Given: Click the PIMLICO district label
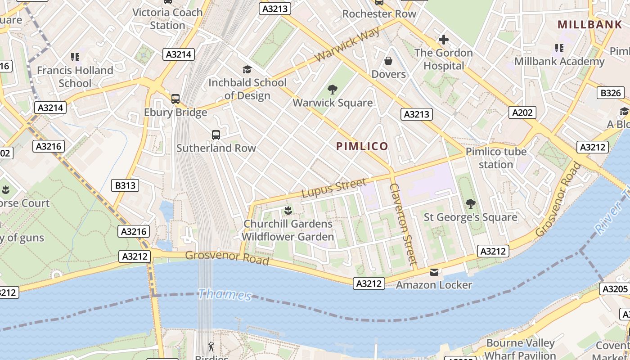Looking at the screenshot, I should pos(362,146).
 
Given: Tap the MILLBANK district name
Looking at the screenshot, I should pos(589,25).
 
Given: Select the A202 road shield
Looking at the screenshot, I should pos(522,112).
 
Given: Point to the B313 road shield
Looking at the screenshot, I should pos(125,185).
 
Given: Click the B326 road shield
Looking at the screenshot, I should pos(611,93).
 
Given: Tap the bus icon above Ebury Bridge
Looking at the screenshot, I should pos(175,99).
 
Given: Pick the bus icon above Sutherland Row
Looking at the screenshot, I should pos(216,135).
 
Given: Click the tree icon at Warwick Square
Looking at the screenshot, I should pos(333,89).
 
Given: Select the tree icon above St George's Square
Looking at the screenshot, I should pos(471,204).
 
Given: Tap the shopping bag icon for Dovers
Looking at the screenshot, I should pos(388,61).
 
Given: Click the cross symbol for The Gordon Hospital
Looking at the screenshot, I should pos(444,40).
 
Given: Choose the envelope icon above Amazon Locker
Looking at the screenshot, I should pos(434,272).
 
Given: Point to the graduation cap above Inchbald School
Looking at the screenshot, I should pos(247,69).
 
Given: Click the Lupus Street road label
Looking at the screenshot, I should pos(333,188).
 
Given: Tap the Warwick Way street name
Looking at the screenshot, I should pos(347,44).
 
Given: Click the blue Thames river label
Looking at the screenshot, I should pos(225,295).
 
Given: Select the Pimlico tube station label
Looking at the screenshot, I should pos(496,158).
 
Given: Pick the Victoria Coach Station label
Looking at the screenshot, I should pos(167,19).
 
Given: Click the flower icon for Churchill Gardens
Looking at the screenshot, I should pos(288,210).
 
